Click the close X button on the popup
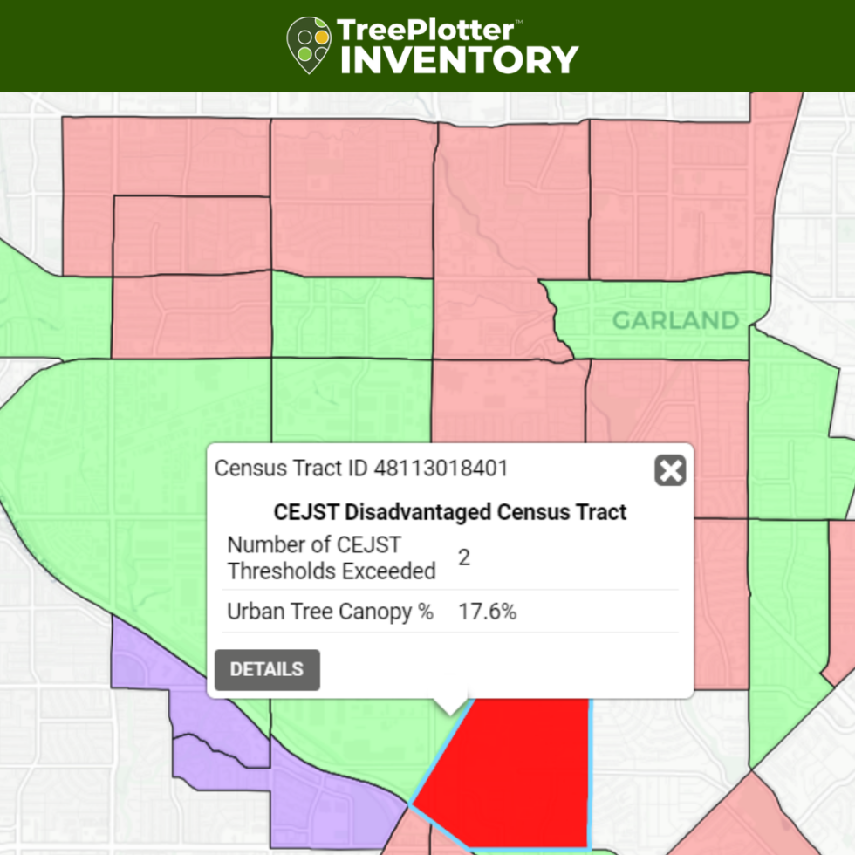click(670, 471)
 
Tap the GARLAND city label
click(675, 320)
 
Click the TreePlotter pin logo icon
click(309, 44)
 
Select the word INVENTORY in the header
click(459, 59)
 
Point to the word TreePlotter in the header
click(425, 30)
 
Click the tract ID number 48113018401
click(441, 469)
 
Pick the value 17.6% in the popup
click(488, 612)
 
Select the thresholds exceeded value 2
click(464, 557)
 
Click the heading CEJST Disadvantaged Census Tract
click(450, 511)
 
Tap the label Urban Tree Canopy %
click(330, 612)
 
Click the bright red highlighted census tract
click(515, 768)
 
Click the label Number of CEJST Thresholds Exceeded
click(331, 558)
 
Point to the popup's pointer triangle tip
click(450, 714)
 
